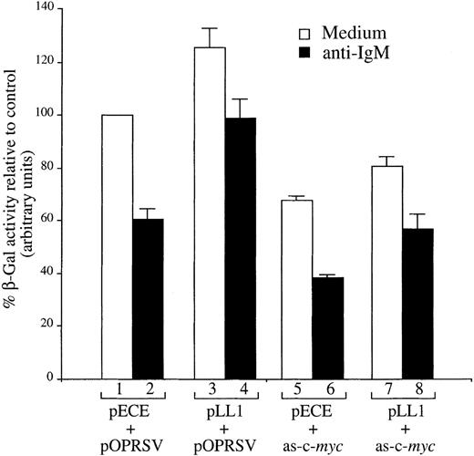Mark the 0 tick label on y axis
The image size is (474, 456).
tap(75, 378)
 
